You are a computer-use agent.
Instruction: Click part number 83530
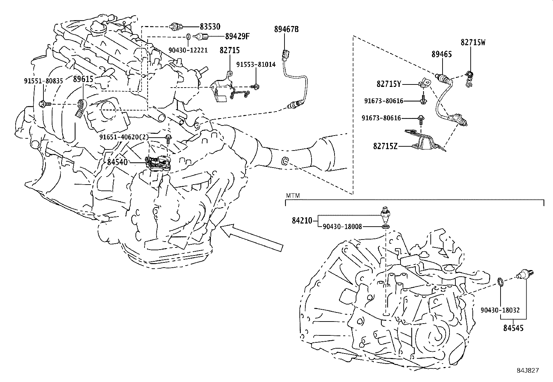(x=210, y=26)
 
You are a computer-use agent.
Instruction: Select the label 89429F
(x=237, y=36)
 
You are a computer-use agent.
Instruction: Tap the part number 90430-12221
(x=188, y=50)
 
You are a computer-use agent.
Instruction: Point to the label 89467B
(x=286, y=30)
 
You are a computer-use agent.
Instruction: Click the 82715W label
(x=473, y=42)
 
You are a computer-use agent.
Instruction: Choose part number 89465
(x=442, y=54)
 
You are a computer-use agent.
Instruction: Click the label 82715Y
(x=389, y=84)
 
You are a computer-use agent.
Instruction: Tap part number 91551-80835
(x=43, y=81)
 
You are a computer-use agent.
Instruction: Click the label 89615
(x=83, y=79)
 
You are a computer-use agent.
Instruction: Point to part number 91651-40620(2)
(x=124, y=137)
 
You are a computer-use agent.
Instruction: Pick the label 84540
(x=117, y=162)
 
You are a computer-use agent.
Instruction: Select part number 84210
(x=302, y=220)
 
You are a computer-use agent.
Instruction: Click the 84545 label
(x=513, y=327)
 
